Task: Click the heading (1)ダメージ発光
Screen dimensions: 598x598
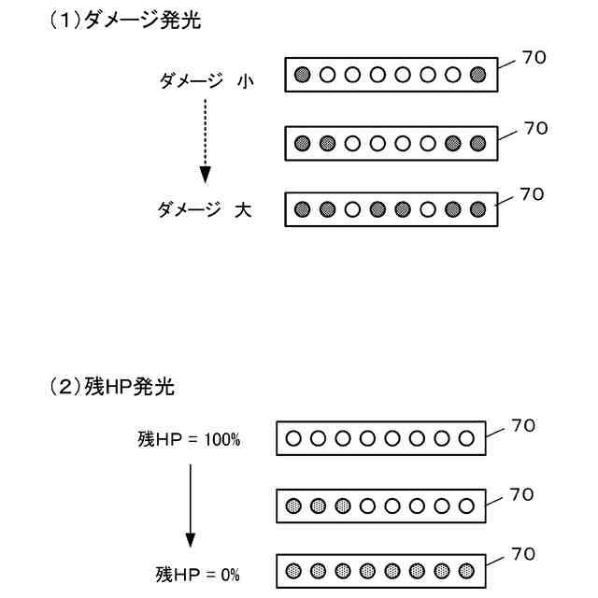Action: tap(124, 21)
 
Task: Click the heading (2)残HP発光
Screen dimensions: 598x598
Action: tap(111, 385)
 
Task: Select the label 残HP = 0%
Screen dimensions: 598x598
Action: tap(197, 573)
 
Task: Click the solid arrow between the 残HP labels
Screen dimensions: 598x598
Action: tap(191, 505)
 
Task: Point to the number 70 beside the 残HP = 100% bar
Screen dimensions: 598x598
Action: tap(523, 426)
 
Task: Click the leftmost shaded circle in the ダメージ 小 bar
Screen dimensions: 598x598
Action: tap(302, 75)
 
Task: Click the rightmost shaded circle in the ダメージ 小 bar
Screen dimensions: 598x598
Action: tap(478, 75)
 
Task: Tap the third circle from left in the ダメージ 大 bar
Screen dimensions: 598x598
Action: tap(352, 209)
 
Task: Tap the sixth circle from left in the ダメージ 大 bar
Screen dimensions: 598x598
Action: tap(428, 209)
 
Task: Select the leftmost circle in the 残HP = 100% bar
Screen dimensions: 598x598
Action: tap(292, 437)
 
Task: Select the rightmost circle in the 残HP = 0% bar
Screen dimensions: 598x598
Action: tap(468, 569)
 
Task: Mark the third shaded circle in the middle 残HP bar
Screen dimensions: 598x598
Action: tap(343, 505)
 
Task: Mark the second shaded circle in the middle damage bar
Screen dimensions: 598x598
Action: tap(327, 143)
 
